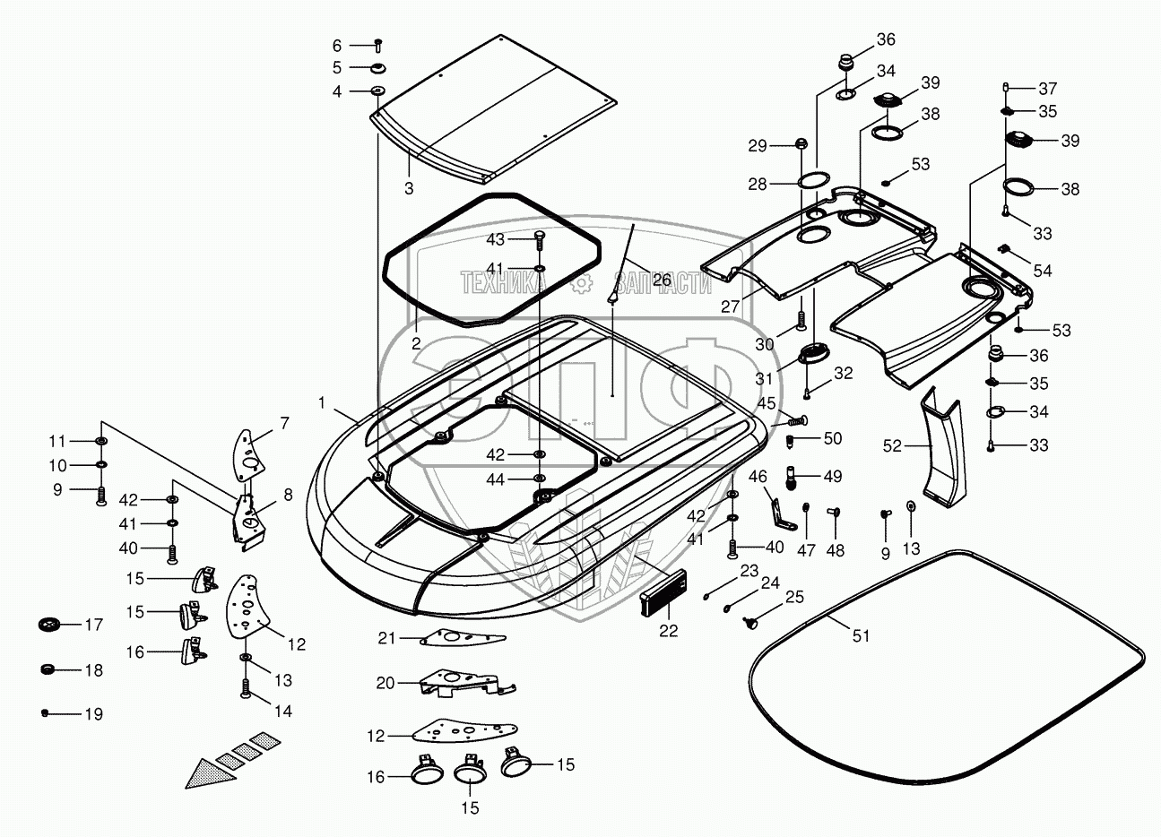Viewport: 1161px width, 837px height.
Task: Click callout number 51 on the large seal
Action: [x=861, y=635]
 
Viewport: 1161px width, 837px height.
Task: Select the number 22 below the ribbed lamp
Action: [x=668, y=631]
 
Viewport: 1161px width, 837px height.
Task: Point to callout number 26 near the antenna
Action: [x=662, y=280]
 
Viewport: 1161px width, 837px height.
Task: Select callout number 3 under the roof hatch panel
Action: [x=409, y=188]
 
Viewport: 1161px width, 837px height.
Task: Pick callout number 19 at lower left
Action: [x=94, y=714]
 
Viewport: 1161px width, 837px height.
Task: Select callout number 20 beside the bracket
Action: [x=386, y=683]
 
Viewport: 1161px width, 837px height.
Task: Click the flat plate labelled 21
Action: [x=463, y=638]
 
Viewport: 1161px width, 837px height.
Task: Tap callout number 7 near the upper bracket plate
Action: [x=284, y=423]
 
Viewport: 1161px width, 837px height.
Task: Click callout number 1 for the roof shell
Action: [x=321, y=403]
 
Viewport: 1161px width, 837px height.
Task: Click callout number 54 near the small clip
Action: [x=1043, y=271]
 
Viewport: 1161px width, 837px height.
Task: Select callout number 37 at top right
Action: [x=1048, y=89]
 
